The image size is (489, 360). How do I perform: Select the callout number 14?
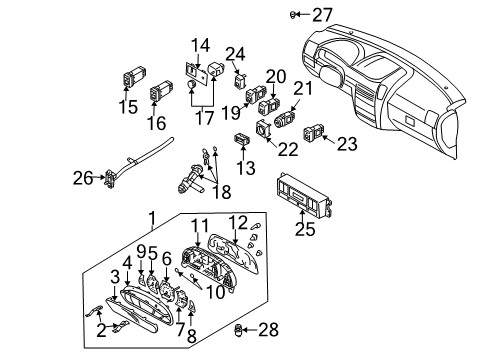tap(201, 44)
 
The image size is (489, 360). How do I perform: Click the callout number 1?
tap(152, 218)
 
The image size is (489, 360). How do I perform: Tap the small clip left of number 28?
tap(238, 329)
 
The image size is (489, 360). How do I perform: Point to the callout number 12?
tap(238, 222)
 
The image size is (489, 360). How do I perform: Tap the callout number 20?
tap(275, 77)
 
